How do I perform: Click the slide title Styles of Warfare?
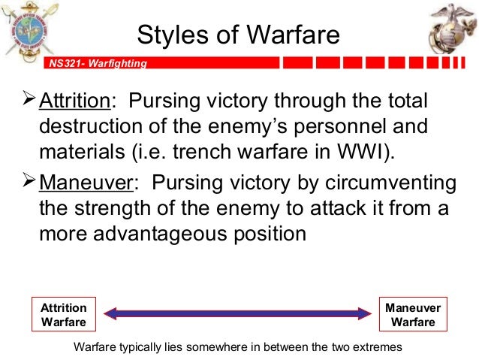(x=239, y=35)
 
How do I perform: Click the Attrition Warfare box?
(x=64, y=315)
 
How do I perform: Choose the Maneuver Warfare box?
(x=414, y=315)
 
